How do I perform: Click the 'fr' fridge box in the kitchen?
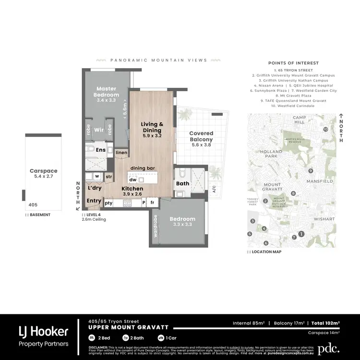tap(153, 203)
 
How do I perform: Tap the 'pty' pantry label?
tap(108, 203)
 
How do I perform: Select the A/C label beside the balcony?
tap(214, 189)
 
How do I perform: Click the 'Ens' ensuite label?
tap(100, 150)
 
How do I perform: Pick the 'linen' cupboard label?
tap(121, 153)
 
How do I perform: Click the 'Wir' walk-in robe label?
tap(99, 130)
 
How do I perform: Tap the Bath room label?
tap(182, 183)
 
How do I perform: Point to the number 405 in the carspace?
tap(33, 204)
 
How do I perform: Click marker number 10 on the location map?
tap(325, 130)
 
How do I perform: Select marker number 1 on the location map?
tap(301, 234)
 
